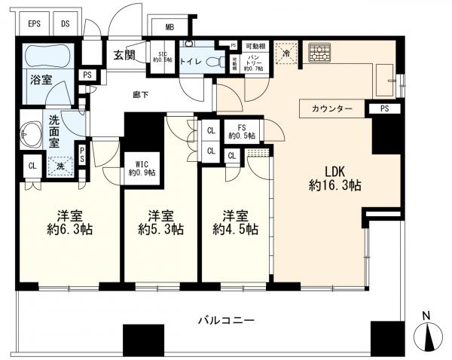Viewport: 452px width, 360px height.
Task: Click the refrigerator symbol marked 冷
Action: pos(285,53)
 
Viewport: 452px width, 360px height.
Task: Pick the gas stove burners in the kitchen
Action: pos(320,53)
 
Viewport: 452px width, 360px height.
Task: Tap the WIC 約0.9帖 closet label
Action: pos(142,168)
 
